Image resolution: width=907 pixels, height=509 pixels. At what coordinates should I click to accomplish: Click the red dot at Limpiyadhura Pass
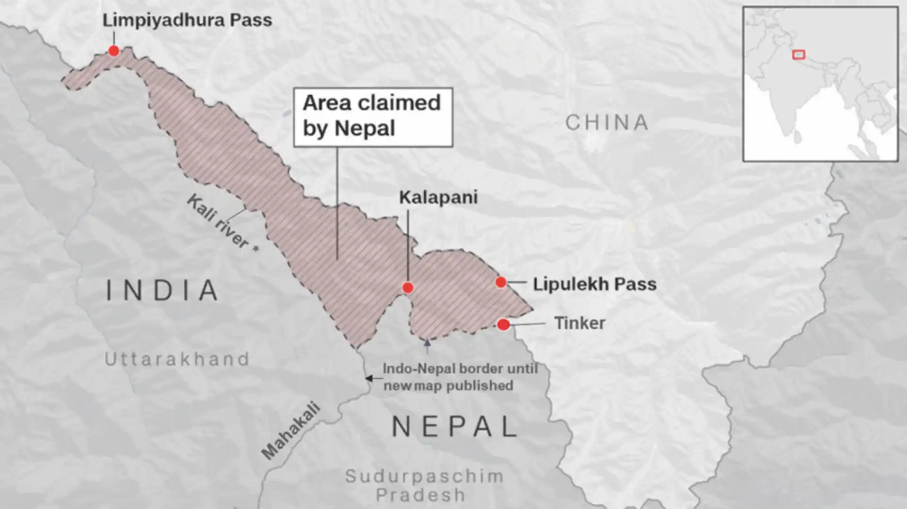pyautogui.click(x=113, y=50)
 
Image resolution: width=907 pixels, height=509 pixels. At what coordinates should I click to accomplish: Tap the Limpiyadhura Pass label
pyautogui.click(x=187, y=20)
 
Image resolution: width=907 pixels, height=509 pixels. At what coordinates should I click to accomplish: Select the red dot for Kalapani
pyautogui.click(x=408, y=287)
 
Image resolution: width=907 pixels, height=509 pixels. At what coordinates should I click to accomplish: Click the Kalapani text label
pyautogui.click(x=438, y=197)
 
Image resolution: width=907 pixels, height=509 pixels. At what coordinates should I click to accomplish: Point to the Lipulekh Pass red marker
pyautogui.click(x=501, y=282)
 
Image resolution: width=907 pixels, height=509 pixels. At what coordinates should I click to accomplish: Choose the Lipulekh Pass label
pyautogui.click(x=594, y=284)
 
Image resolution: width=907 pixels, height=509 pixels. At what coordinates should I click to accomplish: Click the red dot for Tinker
pyautogui.click(x=504, y=324)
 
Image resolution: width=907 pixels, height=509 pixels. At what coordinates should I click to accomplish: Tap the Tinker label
pyautogui.click(x=579, y=323)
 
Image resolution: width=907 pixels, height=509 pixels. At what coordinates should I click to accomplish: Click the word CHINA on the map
pyautogui.click(x=607, y=123)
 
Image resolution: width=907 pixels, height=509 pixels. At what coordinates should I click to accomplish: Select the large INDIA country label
pyautogui.click(x=162, y=290)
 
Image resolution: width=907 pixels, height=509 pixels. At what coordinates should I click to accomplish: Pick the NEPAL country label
pyautogui.click(x=455, y=426)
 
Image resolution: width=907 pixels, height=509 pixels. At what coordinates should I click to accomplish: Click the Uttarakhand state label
pyautogui.click(x=177, y=359)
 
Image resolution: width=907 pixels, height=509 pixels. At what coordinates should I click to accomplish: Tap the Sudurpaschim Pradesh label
pyautogui.click(x=423, y=485)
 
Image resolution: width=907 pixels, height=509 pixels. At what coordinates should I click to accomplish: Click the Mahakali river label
pyautogui.click(x=291, y=430)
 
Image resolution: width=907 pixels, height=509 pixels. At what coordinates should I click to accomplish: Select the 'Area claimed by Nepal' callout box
pyautogui.click(x=373, y=117)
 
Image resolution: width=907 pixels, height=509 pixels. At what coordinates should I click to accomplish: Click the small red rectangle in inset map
pyautogui.click(x=798, y=55)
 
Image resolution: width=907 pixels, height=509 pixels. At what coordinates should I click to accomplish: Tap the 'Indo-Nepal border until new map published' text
pyautogui.click(x=459, y=377)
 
